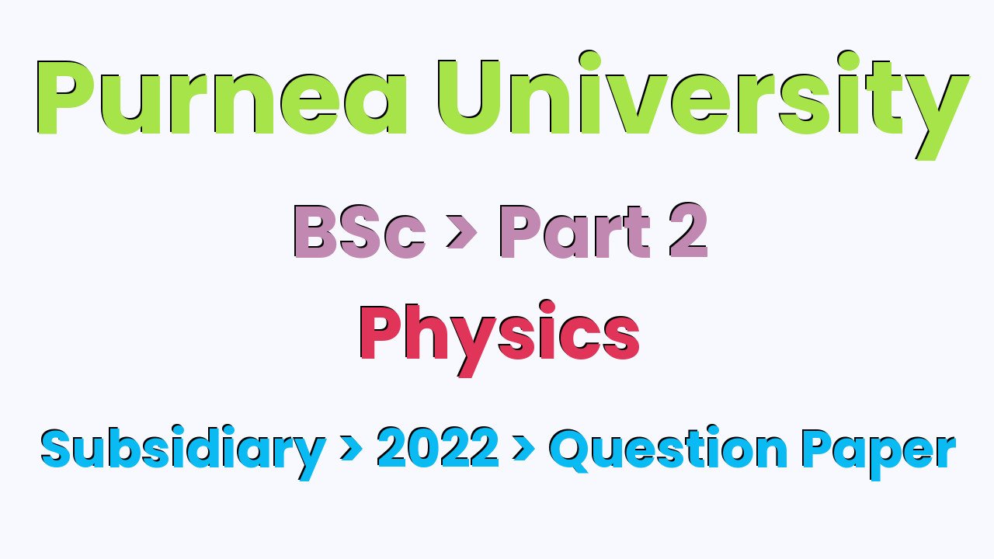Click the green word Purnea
(x=221, y=97)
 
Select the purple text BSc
(x=360, y=232)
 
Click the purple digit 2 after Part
(x=686, y=232)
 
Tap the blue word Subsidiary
(x=182, y=450)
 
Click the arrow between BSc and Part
(x=461, y=234)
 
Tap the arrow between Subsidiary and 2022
(x=351, y=450)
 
